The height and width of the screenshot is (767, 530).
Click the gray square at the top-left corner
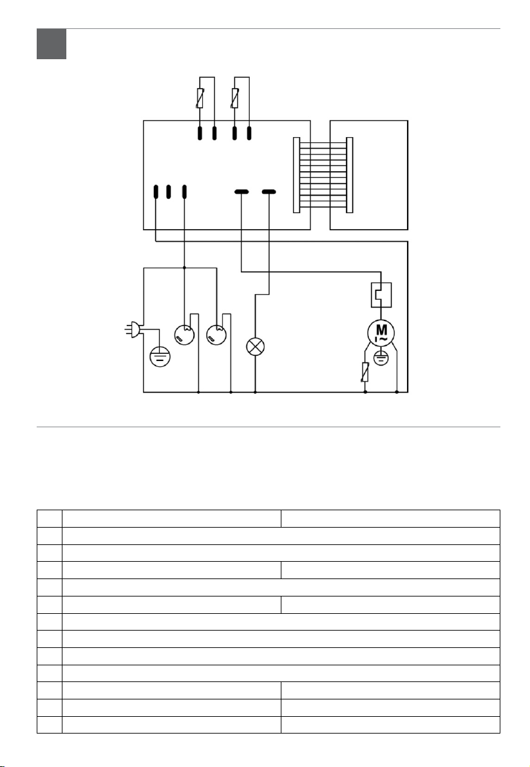(52, 44)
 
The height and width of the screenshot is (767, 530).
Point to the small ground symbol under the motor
(381, 358)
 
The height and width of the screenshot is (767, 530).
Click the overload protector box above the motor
(381, 295)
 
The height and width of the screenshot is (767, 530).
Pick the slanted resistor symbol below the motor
(366, 371)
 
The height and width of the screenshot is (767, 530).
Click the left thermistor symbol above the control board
(200, 98)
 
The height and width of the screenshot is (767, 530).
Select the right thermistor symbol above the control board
(235, 98)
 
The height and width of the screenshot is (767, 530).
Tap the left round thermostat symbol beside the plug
(185, 335)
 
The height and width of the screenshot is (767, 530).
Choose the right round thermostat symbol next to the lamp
(216, 335)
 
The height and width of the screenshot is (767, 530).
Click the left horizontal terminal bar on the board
(241, 192)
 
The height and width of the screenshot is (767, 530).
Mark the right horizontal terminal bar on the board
(269, 192)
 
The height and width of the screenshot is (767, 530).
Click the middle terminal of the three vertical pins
(169, 192)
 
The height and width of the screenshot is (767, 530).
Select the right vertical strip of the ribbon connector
(350, 174)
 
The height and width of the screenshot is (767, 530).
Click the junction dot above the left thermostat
(185, 267)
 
